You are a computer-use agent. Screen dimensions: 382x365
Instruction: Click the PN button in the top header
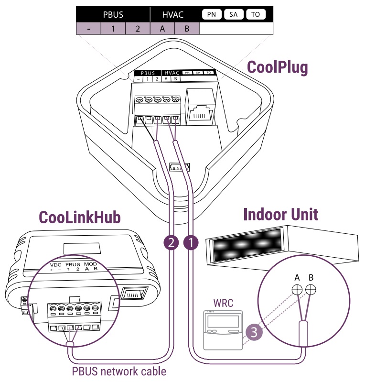click(211, 14)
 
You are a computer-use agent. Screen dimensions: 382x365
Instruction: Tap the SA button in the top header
click(234, 14)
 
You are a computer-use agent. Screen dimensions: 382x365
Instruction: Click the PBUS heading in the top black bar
click(113, 14)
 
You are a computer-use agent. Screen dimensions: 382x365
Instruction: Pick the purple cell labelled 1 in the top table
click(113, 29)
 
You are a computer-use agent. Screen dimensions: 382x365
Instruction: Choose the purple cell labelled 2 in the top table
click(138, 29)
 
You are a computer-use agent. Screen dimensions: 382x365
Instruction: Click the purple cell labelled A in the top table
click(162, 29)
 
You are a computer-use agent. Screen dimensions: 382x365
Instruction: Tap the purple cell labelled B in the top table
click(187, 29)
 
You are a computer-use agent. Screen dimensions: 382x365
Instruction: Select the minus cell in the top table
click(89, 29)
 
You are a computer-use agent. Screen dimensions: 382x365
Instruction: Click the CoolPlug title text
click(277, 67)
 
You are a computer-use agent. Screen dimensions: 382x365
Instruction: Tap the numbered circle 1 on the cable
click(190, 243)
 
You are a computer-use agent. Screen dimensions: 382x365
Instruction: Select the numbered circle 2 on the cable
click(171, 243)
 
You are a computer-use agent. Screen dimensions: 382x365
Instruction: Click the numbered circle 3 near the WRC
click(253, 333)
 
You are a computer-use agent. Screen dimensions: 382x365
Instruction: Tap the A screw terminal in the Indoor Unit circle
click(297, 290)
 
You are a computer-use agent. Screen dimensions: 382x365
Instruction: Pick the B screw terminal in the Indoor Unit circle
click(311, 290)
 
